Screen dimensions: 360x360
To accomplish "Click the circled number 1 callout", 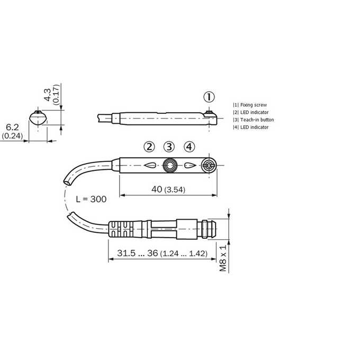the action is (209, 97).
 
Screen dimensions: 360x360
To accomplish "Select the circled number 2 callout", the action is (149, 147).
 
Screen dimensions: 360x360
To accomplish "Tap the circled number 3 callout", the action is (169, 147).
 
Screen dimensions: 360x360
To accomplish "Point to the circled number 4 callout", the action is (190, 147).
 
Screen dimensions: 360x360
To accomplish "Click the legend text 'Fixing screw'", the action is (254, 105).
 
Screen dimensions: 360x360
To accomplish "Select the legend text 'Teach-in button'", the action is (257, 120).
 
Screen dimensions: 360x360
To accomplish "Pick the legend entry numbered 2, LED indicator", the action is (251, 112).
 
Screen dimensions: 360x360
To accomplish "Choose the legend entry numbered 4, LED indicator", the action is (251, 127).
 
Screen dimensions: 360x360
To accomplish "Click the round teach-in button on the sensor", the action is (169, 165).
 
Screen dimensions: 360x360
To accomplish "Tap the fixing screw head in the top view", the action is (209, 165).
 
